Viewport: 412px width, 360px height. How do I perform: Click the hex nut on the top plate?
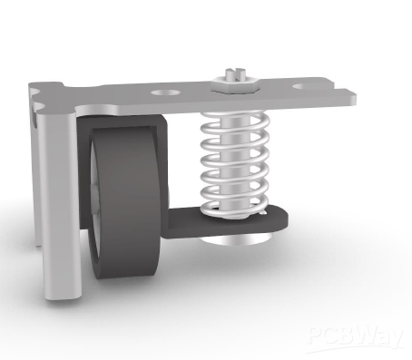(236, 84)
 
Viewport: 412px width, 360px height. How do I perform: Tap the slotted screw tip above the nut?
(235, 73)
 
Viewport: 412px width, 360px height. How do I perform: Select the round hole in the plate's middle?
(165, 92)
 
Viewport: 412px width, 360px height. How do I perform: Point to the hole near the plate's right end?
(307, 87)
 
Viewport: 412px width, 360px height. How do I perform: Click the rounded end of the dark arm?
(280, 218)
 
